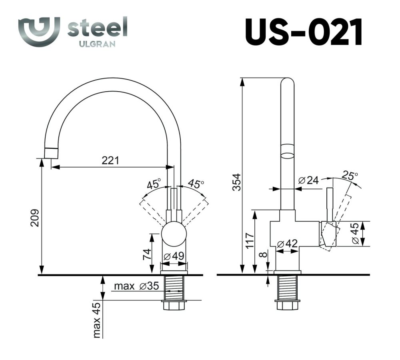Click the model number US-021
pos(304,32)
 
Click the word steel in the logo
pos(97,28)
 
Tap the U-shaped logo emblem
pos(39,31)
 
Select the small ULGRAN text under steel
pos(97,44)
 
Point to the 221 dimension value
pos(110,160)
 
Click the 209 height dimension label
pos(35,217)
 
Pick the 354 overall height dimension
pos(237,182)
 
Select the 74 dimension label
pos(147,254)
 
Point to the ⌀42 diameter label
pos(287,244)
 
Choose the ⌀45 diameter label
pos(354,234)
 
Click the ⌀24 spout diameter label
pos(308,180)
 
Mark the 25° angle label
pos(350,175)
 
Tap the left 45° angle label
pos(154,185)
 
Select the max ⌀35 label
pos(136,286)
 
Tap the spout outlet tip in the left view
pos(51,153)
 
